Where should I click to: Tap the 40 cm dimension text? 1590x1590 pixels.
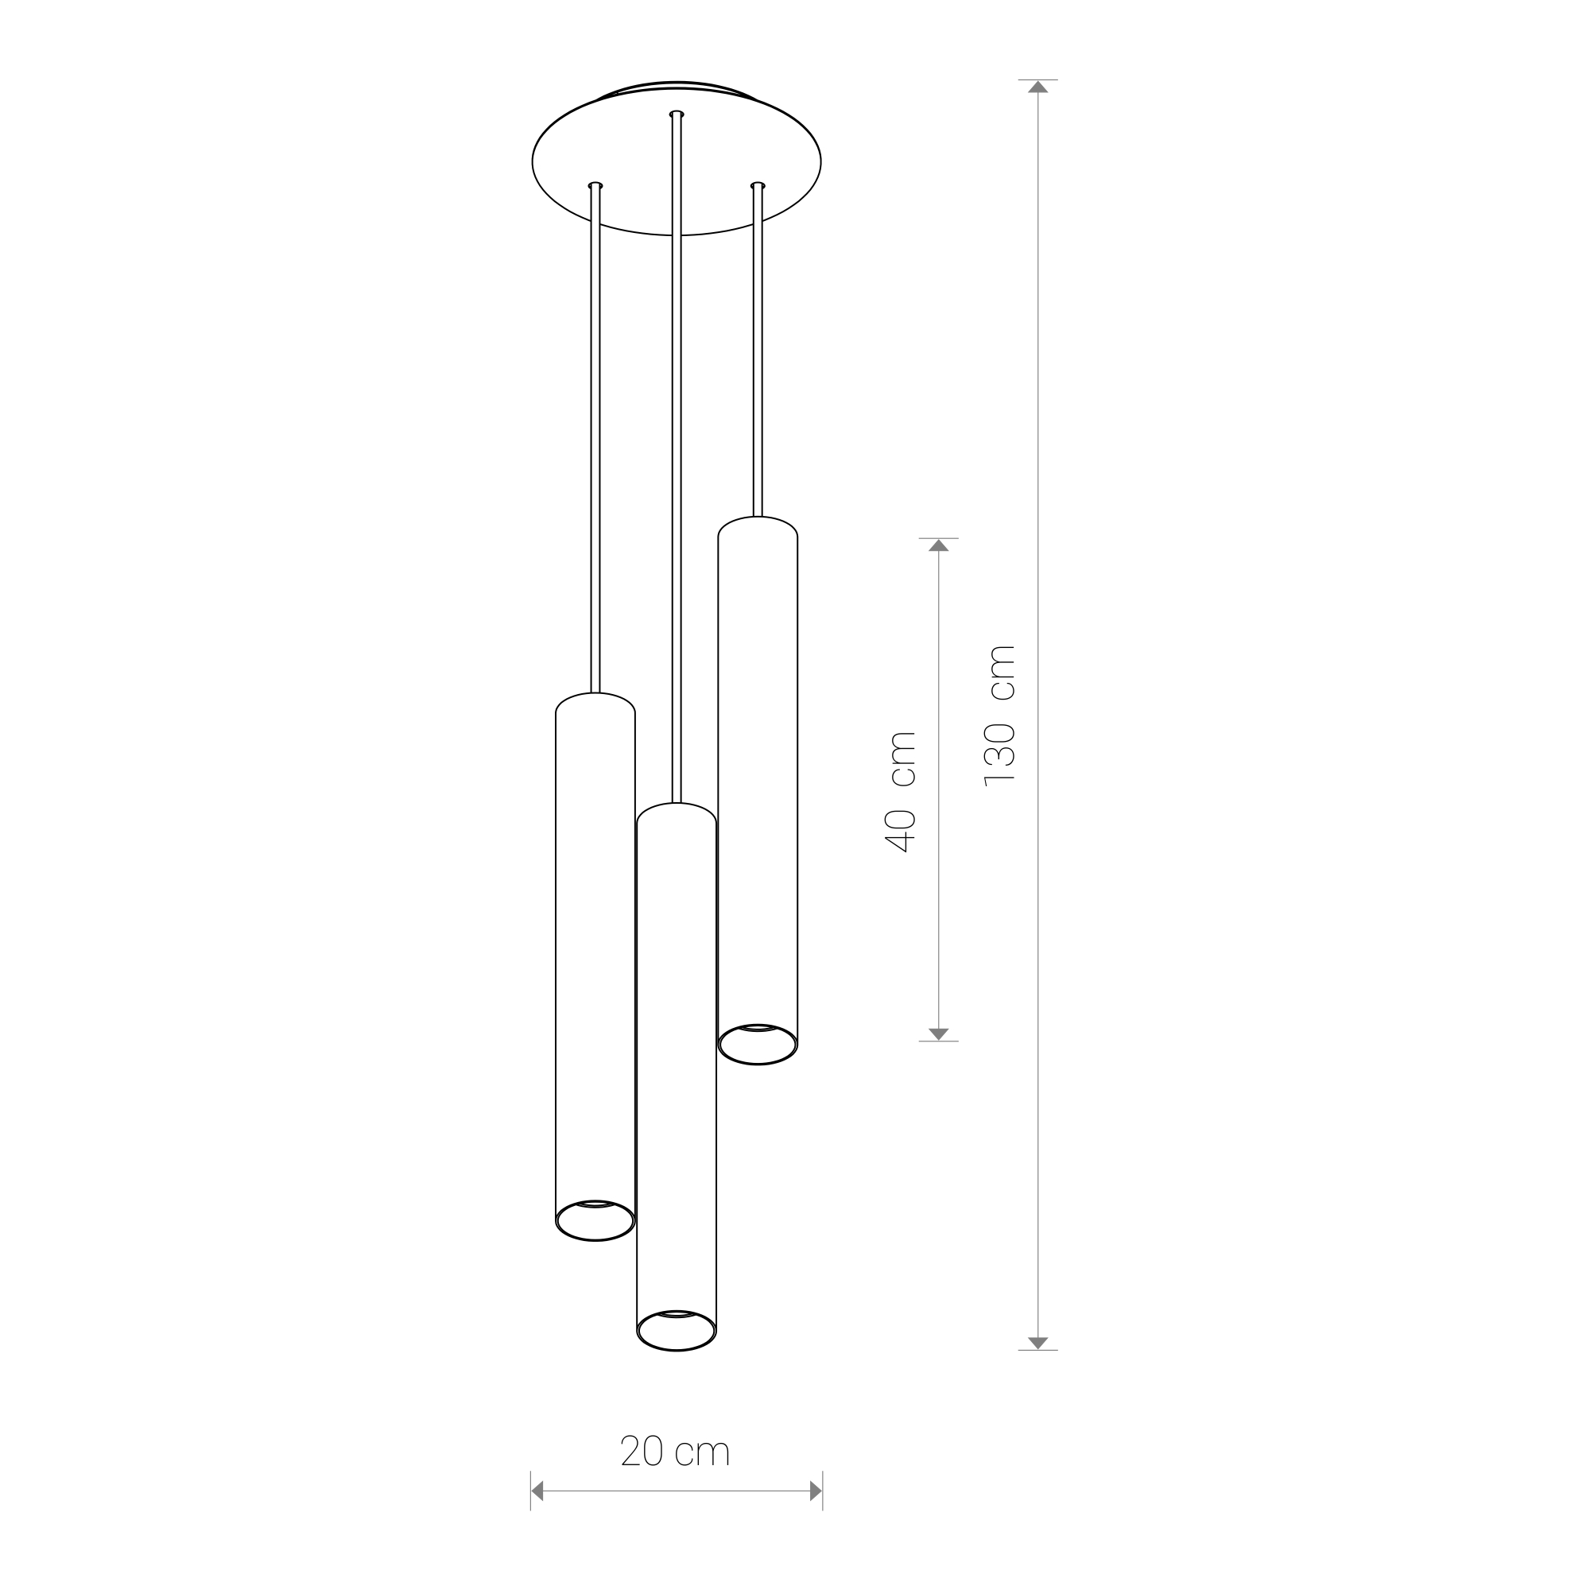pyautogui.click(x=899, y=791)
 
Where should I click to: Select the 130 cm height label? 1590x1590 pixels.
pyautogui.click(x=999, y=716)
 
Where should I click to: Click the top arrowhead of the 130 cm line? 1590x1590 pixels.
pyautogui.click(x=1037, y=87)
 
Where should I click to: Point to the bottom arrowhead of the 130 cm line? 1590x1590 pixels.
pyautogui.click(x=1037, y=1343)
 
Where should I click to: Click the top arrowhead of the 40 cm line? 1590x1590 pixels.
pyautogui.click(x=938, y=545)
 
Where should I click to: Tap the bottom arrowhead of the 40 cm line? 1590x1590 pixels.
pyautogui.click(x=938, y=1034)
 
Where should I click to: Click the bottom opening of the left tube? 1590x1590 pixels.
pyautogui.click(x=595, y=1220)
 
